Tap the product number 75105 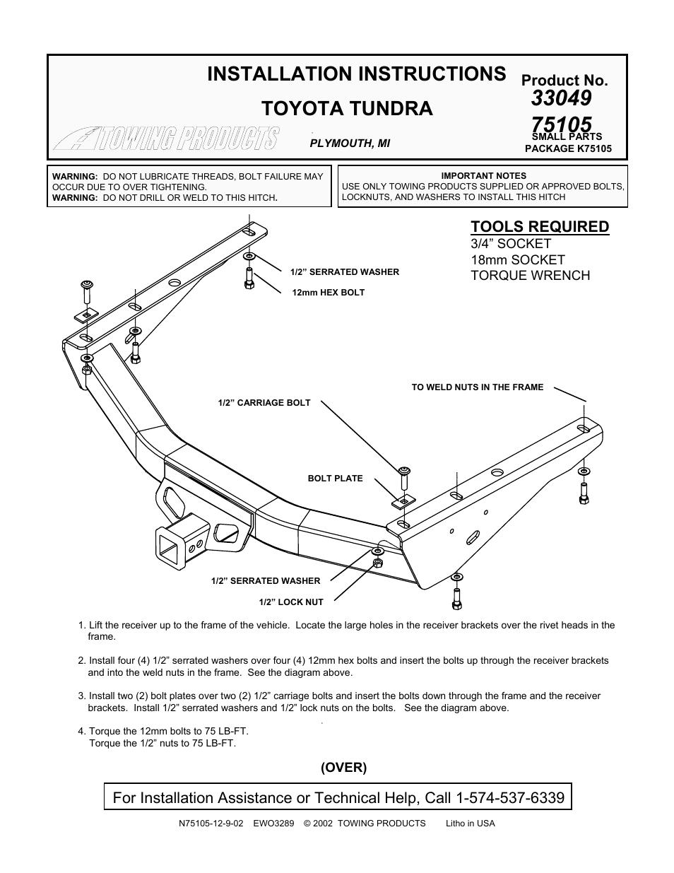pos(562,125)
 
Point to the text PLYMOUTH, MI pos(350,143)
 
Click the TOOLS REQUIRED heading pos(540,226)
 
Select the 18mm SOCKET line pos(518,259)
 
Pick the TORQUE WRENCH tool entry pos(530,276)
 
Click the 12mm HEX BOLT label pos(328,292)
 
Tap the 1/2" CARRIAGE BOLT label pos(264,403)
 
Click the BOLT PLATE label pos(335,479)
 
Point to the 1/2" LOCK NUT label pos(291,602)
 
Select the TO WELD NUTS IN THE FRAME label pos(478,387)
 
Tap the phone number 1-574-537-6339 pos(511,798)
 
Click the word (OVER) pos(344,767)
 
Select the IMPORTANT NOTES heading pos(483,175)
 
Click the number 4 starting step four pos(81,731)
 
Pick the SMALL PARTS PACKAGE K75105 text pos(567,143)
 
